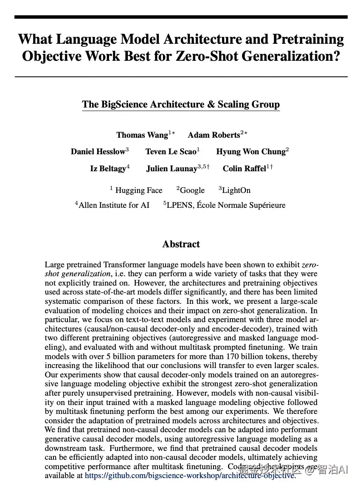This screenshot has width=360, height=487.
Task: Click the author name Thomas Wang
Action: point(142,135)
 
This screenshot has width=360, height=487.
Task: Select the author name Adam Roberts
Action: point(214,135)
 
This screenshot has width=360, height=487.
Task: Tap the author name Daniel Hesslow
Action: point(98,152)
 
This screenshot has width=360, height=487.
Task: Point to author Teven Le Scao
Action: point(171,152)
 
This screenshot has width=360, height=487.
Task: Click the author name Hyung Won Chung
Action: point(250,152)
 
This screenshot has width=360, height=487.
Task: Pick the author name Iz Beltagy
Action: point(108,168)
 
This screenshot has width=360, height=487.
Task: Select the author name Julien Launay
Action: point(172,168)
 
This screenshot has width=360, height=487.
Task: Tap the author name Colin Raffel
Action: point(245,168)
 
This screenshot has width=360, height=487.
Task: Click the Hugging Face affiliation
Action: point(138,190)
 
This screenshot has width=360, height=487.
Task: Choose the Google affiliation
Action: point(192,190)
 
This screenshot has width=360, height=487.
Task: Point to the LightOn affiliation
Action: point(236,190)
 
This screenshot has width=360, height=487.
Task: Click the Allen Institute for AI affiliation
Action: point(114,205)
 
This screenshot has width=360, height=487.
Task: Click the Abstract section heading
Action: point(181,244)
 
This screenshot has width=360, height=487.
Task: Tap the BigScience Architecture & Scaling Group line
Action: point(181,105)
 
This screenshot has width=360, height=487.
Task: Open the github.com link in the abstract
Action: point(190,475)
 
